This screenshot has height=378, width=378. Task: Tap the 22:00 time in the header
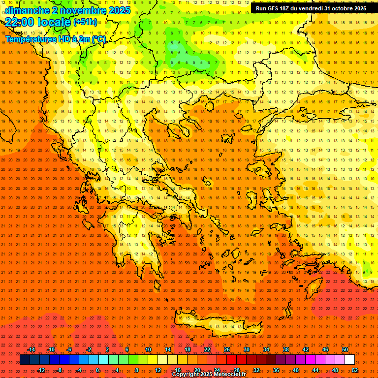pos(20,22)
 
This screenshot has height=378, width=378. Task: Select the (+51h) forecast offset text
pos(85,22)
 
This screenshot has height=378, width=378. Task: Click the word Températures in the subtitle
pos(29,39)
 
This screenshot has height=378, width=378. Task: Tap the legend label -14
pos(31,349)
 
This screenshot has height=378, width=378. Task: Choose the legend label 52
pos(355,370)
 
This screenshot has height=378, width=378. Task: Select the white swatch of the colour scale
pos(349,360)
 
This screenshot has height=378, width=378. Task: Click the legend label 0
pos(97,370)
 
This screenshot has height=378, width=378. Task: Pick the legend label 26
pos(227,349)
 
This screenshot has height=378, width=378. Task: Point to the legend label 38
pos(286,349)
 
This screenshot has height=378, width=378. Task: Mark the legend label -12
pos(41,370)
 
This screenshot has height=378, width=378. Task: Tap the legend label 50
pos(345,349)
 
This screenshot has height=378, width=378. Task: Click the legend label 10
pos(148,349)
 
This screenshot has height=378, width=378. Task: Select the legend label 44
pos(315,370)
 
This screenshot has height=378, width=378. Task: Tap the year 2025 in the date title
pos(119,10)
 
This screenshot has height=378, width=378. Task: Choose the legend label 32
pos(256,370)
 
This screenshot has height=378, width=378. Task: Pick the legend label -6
pos(69,349)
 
